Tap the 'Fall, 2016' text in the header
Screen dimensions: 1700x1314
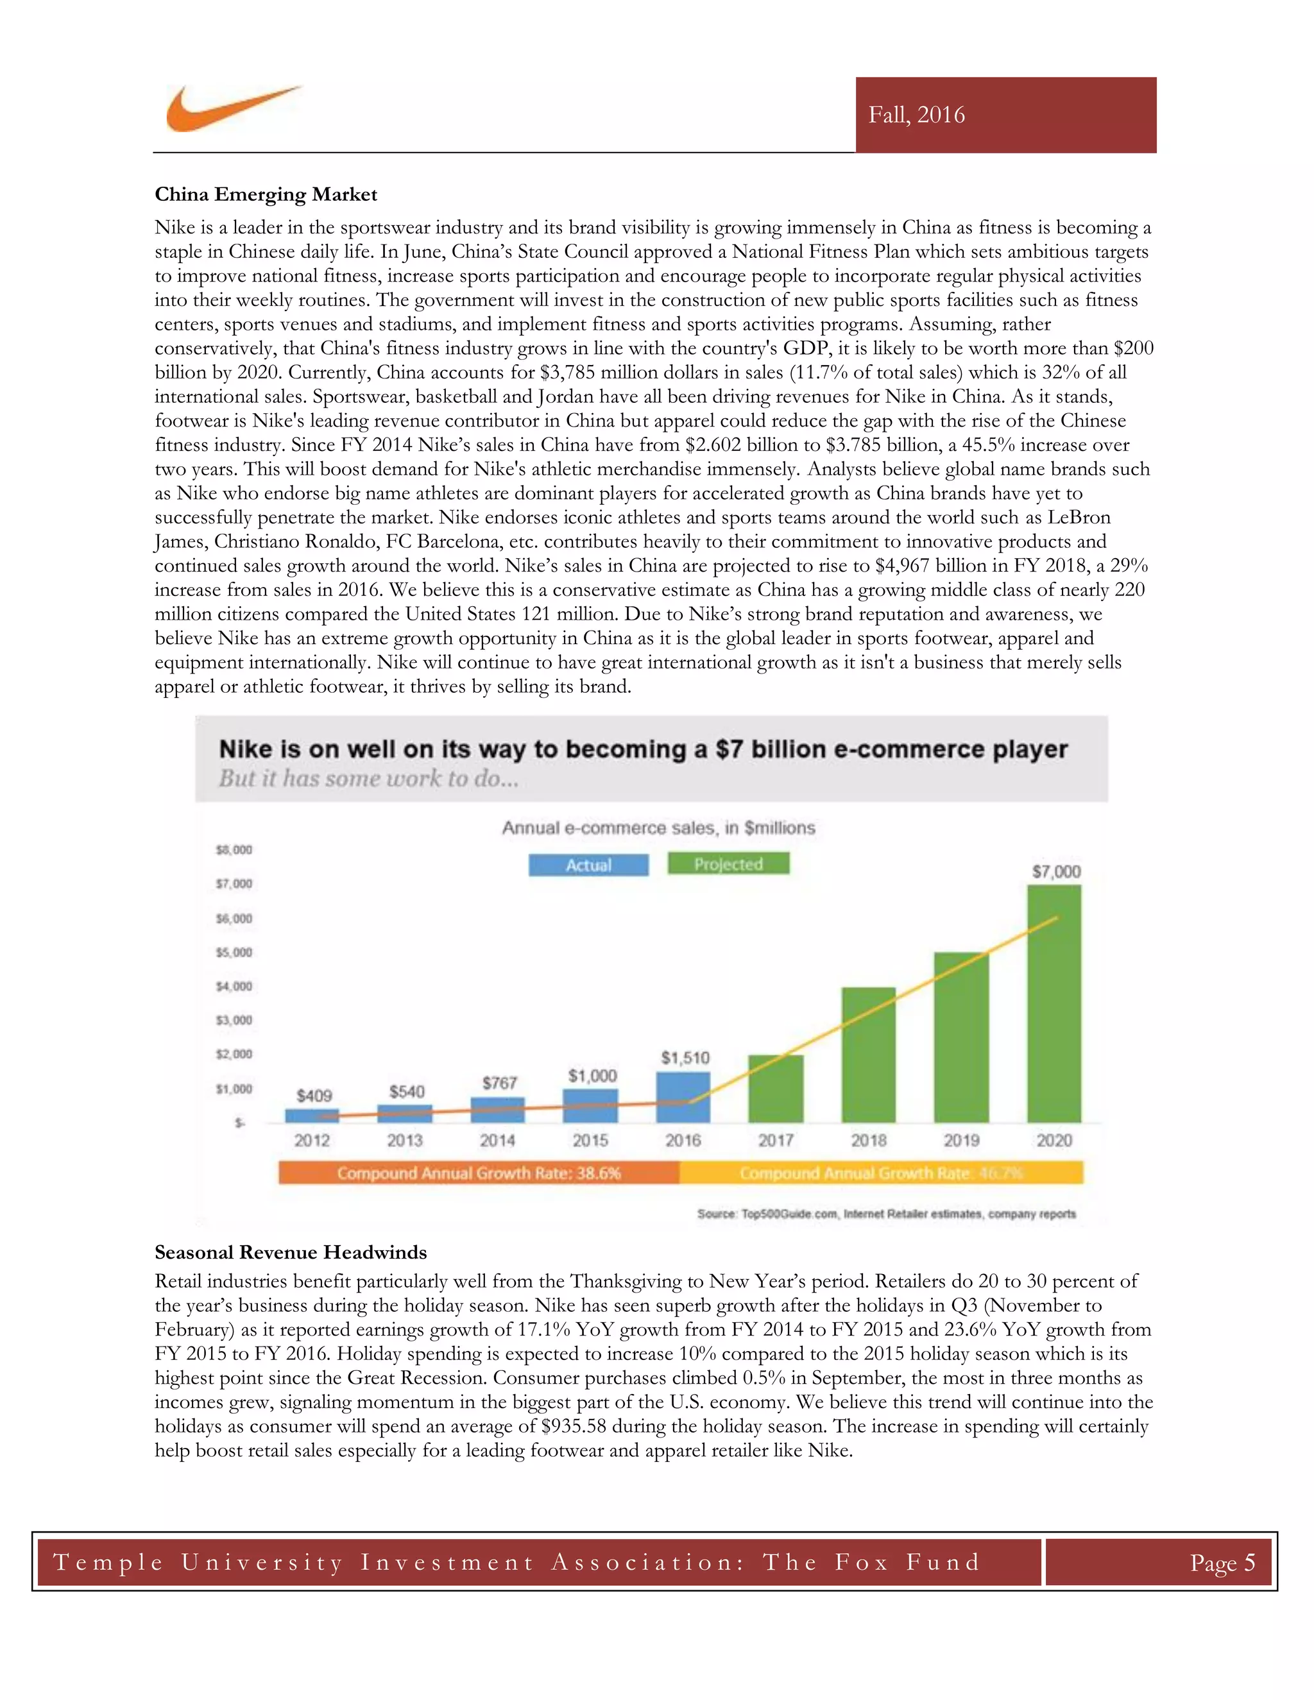point(916,115)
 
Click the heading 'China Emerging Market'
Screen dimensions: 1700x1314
point(266,194)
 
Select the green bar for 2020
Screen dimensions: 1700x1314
point(1054,1004)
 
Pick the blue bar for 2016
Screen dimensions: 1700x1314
point(683,1098)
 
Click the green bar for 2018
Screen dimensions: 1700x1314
point(868,1055)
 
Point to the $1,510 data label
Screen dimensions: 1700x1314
point(685,1058)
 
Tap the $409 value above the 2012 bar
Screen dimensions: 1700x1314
point(314,1096)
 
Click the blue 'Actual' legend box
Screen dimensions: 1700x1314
point(588,865)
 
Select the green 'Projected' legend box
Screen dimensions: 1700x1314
point(728,864)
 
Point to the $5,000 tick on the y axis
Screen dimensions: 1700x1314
point(234,952)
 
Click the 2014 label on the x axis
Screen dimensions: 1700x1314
point(497,1141)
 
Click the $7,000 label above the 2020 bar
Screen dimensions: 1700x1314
point(1055,872)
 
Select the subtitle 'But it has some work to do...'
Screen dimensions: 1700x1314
point(368,778)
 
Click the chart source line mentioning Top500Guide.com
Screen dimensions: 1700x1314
point(886,1214)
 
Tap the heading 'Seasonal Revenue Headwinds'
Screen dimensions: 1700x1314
point(291,1252)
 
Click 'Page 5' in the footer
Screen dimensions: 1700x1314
point(1222,1562)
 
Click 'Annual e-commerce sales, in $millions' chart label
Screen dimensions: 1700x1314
point(658,828)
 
